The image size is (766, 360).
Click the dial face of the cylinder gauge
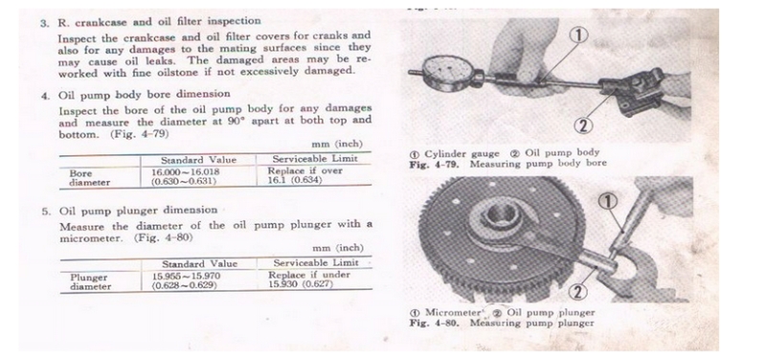pyautogui.click(x=444, y=74)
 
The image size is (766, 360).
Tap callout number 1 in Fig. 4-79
pyautogui.click(x=579, y=35)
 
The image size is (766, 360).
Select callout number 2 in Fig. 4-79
pyautogui.click(x=583, y=126)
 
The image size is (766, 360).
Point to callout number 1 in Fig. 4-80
pyautogui.click(x=608, y=201)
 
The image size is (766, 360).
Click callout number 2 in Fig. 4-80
pyautogui.click(x=578, y=292)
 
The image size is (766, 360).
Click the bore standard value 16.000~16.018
pyautogui.click(x=185, y=172)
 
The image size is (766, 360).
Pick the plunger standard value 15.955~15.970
pyautogui.click(x=186, y=276)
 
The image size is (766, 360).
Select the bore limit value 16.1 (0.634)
pyautogui.click(x=295, y=180)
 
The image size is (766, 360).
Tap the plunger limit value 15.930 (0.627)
pyautogui.click(x=301, y=283)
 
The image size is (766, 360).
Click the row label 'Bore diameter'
pyautogui.click(x=89, y=178)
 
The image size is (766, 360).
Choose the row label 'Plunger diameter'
pyautogui.click(x=90, y=281)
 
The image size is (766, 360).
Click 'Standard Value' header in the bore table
pyautogui.click(x=198, y=160)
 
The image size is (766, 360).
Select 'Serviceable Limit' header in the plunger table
pyautogui.click(x=316, y=262)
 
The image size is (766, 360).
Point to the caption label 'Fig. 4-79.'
pyautogui.click(x=435, y=164)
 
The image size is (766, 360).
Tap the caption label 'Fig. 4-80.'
pyautogui.click(x=435, y=323)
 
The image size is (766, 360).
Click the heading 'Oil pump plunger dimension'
pyautogui.click(x=138, y=211)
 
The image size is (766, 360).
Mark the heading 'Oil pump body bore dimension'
pyautogui.click(x=145, y=94)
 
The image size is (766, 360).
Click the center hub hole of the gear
pyautogui.click(x=500, y=214)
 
